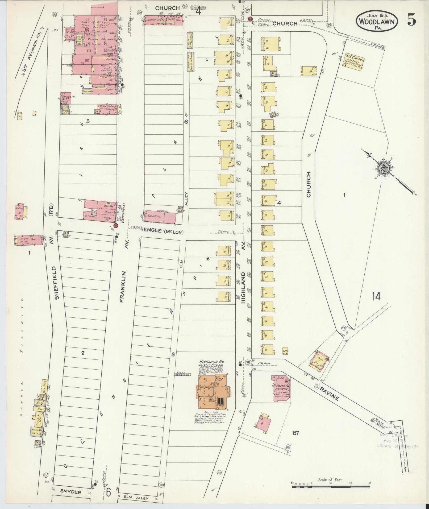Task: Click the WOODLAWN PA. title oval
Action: click(377, 22)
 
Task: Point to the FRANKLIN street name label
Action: click(122, 287)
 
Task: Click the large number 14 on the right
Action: click(376, 296)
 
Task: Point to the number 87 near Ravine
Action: click(296, 433)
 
